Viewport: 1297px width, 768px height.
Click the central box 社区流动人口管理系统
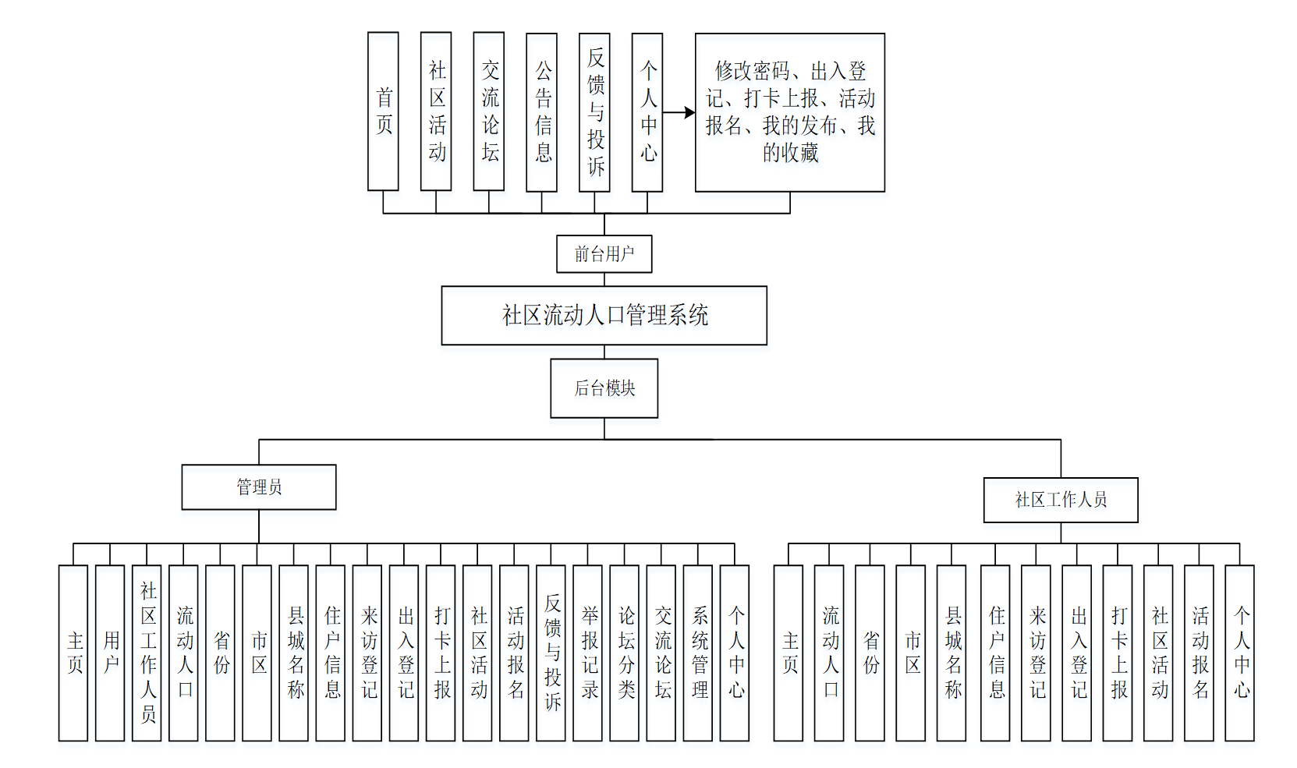click(604, 315)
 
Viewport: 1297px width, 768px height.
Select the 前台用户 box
click(604, 254)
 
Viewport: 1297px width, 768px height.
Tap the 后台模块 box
click(604, 388)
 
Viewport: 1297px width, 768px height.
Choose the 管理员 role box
click(259, 487)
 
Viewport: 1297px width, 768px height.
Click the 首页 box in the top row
click(383, 111)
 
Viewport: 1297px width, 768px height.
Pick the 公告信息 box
click(541, 112)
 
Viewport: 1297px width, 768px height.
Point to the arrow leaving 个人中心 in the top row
click(678, 112)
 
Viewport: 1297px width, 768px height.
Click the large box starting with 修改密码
click(789, 112)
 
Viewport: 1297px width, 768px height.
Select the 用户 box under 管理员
click(110, 653)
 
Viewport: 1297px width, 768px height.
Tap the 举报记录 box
click(587, 653)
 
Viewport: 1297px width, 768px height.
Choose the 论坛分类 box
click(624, 653)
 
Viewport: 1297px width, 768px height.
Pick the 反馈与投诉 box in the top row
click(594, 112)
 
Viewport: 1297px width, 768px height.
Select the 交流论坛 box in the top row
click(489, 111)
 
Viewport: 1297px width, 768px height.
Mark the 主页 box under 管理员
click(73, 653)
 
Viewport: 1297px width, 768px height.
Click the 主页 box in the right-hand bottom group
click(788, 653)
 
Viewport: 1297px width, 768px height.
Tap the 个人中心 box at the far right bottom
click(1239, 653)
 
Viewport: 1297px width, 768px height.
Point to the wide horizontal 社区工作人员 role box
click(1061, 500)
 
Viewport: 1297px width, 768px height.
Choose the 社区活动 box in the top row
click(436, 111)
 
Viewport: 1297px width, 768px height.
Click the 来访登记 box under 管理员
click(367, 653)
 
